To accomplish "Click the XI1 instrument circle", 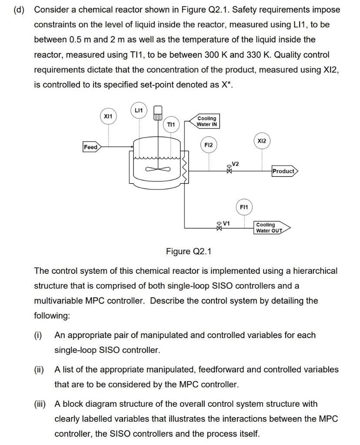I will pos(108,116).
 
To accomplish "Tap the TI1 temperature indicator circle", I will pos(171,125).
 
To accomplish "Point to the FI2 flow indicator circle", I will pos(208,145).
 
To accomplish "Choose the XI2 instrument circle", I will pos(262,141).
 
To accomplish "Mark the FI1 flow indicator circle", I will pos(244,207).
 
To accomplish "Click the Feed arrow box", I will pos(91,147).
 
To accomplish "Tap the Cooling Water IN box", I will pos(207,121).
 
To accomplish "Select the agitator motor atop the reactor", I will pos(158,113).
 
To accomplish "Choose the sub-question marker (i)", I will pos(38,335).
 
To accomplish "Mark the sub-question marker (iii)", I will pos(40,404).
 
